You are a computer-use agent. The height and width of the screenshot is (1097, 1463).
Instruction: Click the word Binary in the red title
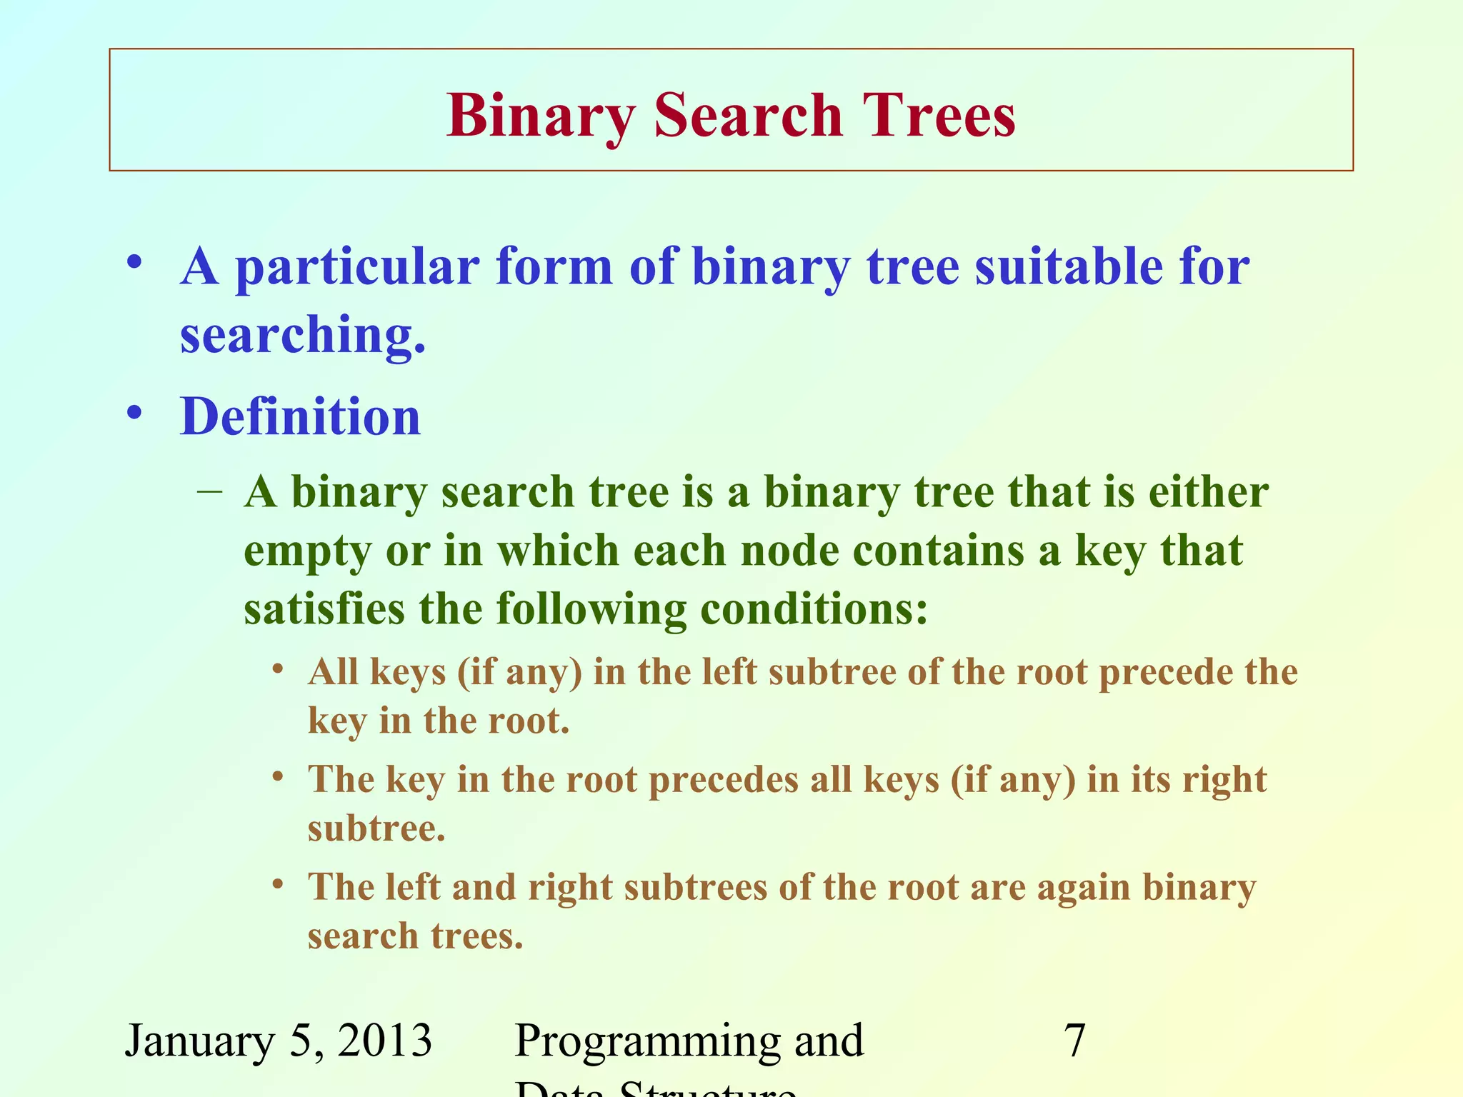(x=541, y=116)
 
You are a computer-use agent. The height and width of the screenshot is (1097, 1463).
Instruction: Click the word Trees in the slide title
(x=938, y=116)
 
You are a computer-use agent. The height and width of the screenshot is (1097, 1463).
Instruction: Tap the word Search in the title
(x=748, y=116)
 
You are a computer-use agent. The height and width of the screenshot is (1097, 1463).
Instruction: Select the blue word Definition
(x=300, y=416)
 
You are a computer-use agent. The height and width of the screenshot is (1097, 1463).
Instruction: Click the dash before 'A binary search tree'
(x=209, y=491)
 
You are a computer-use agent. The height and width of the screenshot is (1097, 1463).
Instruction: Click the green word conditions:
(x=814, y=609)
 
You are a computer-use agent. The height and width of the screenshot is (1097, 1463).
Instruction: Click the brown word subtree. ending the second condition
(x=376, y=828)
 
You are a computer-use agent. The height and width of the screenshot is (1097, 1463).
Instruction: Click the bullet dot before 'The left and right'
(x=279, y=885)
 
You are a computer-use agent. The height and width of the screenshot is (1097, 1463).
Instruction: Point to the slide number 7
(x=1074, y=1041)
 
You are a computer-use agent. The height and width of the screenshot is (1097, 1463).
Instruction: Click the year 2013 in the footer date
(x=385, y=1041)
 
